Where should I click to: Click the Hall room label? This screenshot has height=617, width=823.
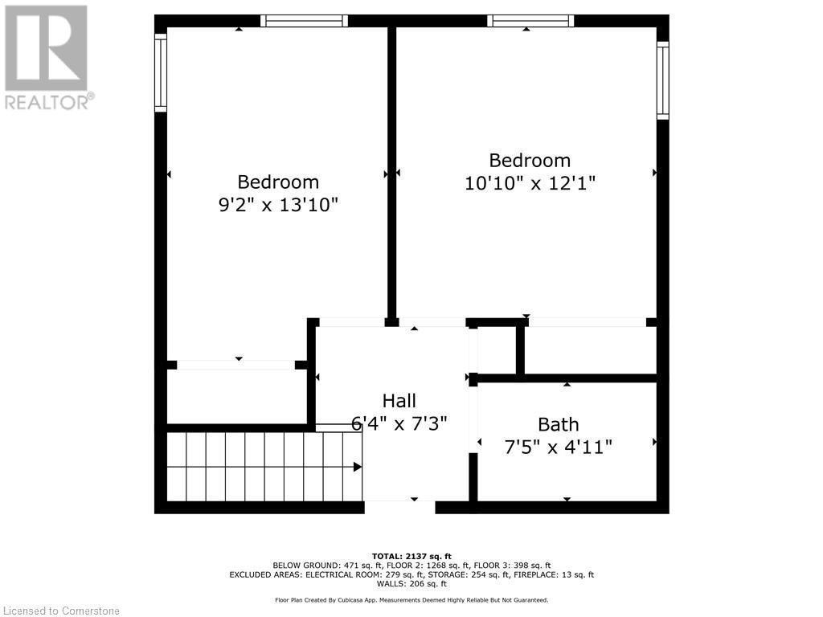399,400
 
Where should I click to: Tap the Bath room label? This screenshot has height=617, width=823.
558,424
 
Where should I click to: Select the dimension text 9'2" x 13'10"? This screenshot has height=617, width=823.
278,204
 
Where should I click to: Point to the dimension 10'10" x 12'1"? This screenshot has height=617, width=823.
530,182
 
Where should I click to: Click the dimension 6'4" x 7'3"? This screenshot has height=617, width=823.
399,422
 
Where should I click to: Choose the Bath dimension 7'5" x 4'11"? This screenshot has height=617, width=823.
558,446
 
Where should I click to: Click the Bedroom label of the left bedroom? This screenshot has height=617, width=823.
278,182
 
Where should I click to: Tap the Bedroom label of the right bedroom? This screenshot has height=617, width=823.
530,160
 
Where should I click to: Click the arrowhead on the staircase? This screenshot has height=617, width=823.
357,467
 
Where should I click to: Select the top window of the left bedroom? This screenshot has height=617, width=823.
304,21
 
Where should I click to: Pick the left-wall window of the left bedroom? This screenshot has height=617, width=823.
161,73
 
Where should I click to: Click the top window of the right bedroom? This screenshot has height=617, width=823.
530,21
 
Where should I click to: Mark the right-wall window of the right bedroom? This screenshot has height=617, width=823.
662,80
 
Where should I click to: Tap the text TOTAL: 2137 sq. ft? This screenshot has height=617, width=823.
411,556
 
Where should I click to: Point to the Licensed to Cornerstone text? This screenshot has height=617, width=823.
60,611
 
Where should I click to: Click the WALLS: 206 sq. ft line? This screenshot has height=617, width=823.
411,584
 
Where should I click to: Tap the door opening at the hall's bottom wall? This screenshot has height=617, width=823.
399,506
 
